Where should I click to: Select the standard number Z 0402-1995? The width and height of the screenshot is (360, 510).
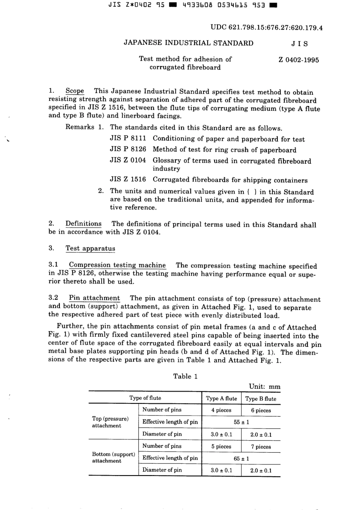click(299, 60)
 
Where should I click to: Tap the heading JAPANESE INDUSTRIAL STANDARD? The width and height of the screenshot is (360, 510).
click(188, 43)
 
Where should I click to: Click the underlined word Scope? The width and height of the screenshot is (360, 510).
click(75, 91)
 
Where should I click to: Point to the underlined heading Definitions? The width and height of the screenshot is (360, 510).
click(83, 224)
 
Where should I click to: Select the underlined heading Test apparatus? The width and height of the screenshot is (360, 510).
click(90, 248)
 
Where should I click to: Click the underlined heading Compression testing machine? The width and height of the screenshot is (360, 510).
click(117, 265)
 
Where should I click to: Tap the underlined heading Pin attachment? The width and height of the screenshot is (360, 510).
click(94, 298)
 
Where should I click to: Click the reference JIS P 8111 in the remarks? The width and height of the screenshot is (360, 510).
click(128, 139)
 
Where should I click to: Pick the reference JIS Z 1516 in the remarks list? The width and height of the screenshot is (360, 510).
click(128, 179)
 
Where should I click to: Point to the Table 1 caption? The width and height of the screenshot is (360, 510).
click(185, 376)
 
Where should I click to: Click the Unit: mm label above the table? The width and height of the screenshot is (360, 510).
click(265, 387)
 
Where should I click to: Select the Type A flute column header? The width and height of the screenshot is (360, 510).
click(221, 398)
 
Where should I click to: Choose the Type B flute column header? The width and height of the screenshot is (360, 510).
click(261, 399)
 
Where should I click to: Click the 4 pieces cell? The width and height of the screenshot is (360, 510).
click(221, 410)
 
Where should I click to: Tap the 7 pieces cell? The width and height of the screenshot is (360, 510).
click(261, 447)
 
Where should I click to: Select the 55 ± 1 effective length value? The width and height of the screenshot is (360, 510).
click(241, 422)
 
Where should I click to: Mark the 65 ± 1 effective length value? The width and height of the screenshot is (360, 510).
click(241, 458)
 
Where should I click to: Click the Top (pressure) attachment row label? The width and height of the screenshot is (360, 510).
click(110, 422)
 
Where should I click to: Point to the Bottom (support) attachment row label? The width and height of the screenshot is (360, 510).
click(113, 457)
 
